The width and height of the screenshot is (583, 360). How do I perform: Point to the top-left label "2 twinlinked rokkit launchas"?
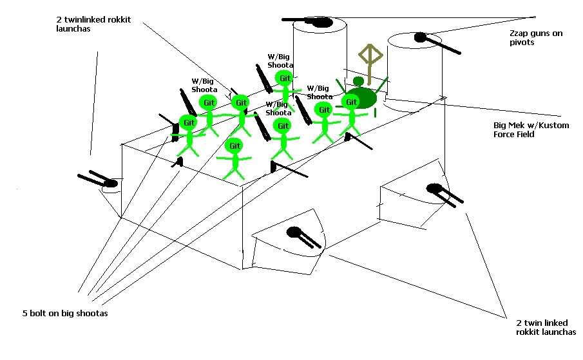coord(93,24)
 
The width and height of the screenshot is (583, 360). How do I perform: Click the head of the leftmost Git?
coord(188,122)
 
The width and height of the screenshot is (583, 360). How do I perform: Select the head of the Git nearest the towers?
coord(283,78)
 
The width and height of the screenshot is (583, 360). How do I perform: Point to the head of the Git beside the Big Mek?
coord(351,101)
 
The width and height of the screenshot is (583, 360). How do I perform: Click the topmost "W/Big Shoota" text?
coord(280,61)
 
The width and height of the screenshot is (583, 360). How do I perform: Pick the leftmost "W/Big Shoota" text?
coord(204,85)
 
